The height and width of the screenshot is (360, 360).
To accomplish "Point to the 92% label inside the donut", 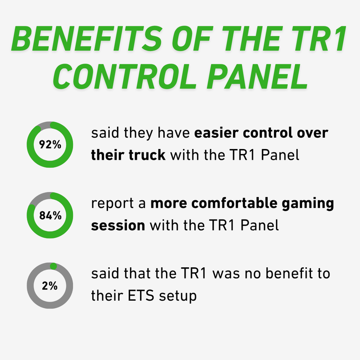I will (x=50, y=144).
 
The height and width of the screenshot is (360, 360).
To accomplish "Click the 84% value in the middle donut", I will (x=50, y=215).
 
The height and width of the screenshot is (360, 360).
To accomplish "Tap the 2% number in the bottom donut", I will (x=50, y=285).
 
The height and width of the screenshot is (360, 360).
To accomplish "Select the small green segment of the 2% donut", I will (x=54, y=266).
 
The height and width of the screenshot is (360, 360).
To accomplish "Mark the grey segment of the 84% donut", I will (x=38, y=199).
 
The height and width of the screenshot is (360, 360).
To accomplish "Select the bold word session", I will (x=118, y=225).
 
